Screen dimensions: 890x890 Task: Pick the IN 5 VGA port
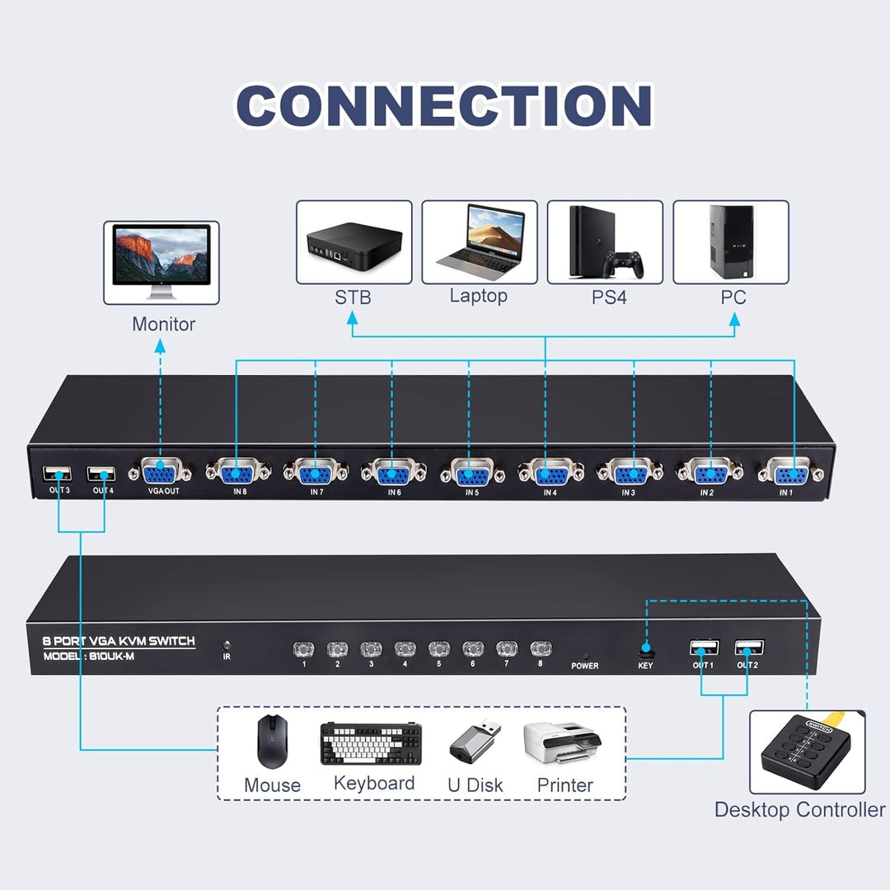point(471,473)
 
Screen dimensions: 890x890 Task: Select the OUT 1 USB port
point(703,648)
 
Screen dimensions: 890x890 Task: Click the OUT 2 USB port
point(748,648)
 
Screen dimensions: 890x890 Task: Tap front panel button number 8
point(539,649)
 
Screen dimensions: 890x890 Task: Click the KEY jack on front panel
point(645,649)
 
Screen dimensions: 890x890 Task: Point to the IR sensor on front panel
point(226,646)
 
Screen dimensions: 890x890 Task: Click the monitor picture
point(162,262)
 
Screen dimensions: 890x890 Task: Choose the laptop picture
point(479,240)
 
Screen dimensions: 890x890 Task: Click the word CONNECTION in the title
point(445,106)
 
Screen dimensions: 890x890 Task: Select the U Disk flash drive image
point(475,741)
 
